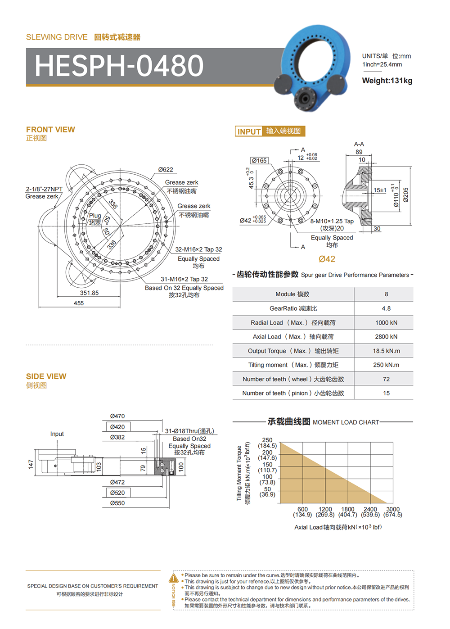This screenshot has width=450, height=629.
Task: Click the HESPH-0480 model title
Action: (x=119, y=66)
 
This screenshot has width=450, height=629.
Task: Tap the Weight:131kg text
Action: (x=387, y=81)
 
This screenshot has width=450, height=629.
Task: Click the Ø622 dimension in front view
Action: (x=166, y=170)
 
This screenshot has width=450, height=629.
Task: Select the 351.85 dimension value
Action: (x=89, y=293)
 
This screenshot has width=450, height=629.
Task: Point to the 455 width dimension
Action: (x=79, y=303)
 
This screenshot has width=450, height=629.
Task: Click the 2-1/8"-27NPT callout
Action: (x=44, y=189)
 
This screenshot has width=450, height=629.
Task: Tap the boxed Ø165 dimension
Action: (x=259, y=160)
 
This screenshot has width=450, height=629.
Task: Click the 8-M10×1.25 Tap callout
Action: (x=332, y=221)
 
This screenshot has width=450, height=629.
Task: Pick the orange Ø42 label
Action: (x=327, y=259)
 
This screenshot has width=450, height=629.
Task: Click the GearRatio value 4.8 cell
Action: (x=386, y=308)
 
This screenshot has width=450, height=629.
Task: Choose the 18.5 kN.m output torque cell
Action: (x=386, y=351)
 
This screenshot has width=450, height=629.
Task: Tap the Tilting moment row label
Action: (x=293, y=365)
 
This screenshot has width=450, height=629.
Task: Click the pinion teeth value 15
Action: (x=386, y=393)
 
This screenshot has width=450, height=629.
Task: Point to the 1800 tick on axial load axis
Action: (x=347, y=509)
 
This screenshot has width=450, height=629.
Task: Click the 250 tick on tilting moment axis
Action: (x=267, y=440)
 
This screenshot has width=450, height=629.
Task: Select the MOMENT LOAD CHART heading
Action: (x=346, y=422)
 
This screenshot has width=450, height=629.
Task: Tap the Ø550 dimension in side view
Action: (x=117, y=503)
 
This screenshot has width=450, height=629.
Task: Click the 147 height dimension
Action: (x=31, y=464)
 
